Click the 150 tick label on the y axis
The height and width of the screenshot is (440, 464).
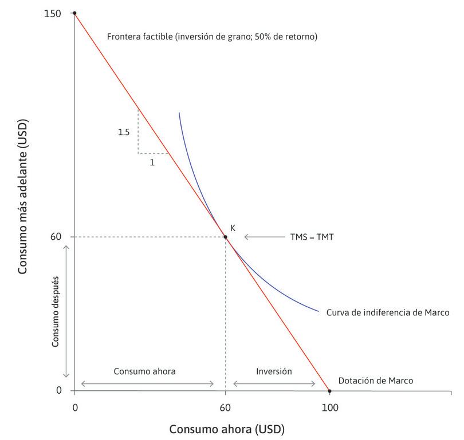click(53, 13)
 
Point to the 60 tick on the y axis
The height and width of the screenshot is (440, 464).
click(56, 237)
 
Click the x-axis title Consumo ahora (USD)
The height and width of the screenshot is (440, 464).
click(226, 429)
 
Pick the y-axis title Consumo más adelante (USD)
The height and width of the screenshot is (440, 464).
click(23, 201)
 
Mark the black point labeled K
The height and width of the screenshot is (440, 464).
click(225, 237)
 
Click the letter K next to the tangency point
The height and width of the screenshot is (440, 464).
click(233, 228)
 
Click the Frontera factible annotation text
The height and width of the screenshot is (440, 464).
click(212, 37)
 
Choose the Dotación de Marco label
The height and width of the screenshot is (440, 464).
click(375, 380)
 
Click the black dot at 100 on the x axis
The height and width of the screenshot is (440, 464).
click(329, 391)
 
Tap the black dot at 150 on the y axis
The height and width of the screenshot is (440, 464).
click(74, 13)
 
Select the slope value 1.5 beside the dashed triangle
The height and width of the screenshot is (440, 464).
click(124, 132)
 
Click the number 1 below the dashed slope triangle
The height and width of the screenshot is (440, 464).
click(152, 162)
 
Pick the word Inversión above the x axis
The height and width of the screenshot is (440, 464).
click(274, 371)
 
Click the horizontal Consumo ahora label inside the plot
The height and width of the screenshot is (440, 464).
click(144, 371)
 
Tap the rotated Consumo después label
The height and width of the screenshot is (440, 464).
click(56, 311)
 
